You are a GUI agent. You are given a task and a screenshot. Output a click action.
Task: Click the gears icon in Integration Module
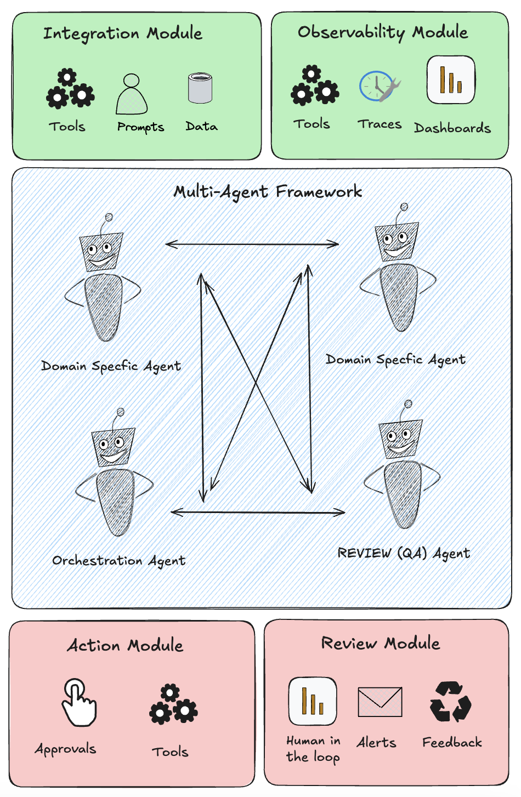click(x=70, y=89)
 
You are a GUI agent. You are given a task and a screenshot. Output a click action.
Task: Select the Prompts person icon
click(x=132, y=94)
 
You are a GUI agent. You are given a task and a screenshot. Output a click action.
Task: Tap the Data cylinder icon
click(x=200, y=88)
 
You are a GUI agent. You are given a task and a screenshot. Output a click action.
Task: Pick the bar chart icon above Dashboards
click(x=451, y=80)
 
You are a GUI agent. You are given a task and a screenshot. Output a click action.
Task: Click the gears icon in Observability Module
click(x=315, y=86)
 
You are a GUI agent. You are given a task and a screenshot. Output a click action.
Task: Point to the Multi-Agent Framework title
click(x=268, y=192)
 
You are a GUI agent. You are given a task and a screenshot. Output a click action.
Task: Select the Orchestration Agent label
click(x=119, y=561)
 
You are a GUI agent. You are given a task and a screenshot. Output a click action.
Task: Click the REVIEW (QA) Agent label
click(x=404, y=554)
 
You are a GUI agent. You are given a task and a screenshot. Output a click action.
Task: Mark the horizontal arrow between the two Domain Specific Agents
click(x=252, y=244)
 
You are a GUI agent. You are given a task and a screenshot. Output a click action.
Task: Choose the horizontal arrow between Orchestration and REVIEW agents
click(x=258, y=513)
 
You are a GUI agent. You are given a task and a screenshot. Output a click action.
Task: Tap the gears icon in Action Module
click(x=173, y=705)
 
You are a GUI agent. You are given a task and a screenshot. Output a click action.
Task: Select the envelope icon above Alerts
click(x=380, y=702)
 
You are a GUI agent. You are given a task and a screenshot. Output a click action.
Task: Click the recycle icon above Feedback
click(x=450, y=702)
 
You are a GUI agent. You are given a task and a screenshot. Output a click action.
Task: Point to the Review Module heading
click(x=381, y=643)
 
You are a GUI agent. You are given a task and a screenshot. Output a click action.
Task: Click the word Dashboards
click(x=452, y=128)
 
